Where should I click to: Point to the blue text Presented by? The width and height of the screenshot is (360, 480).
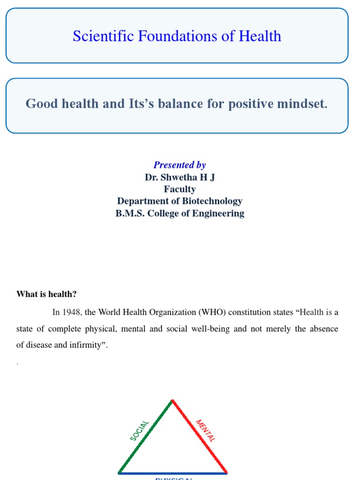click(x=180, y=165)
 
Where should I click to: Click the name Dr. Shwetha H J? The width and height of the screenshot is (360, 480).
click(x=180, y=177)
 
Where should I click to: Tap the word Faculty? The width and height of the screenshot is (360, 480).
click(x=180, y=189)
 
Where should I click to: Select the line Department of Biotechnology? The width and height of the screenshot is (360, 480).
click(x=180, y=201)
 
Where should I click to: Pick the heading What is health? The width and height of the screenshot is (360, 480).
click(x=46, y=294)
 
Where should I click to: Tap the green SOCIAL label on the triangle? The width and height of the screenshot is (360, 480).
click(x=139, y=431)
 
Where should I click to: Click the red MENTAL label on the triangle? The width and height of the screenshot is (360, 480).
click(x=206, y=431)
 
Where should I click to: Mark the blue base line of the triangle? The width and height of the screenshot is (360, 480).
click(x=172, y=472)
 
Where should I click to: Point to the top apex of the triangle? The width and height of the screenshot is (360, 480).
click(x=172, y=400)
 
